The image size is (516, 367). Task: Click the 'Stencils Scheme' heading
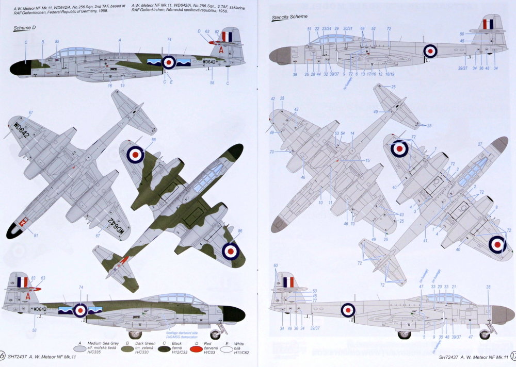(290, 18)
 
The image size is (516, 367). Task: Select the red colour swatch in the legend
(196, 348)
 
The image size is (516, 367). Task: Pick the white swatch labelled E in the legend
(230, 349)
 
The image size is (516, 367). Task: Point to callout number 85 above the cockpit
(57, 41)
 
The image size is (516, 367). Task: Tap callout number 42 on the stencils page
(273, 98)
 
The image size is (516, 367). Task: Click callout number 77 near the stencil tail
(314, 301)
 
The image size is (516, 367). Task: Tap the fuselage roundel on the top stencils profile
(430, 51)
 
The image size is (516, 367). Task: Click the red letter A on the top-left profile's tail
(221, 51)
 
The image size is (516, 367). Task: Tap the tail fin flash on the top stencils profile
(488, 24)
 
